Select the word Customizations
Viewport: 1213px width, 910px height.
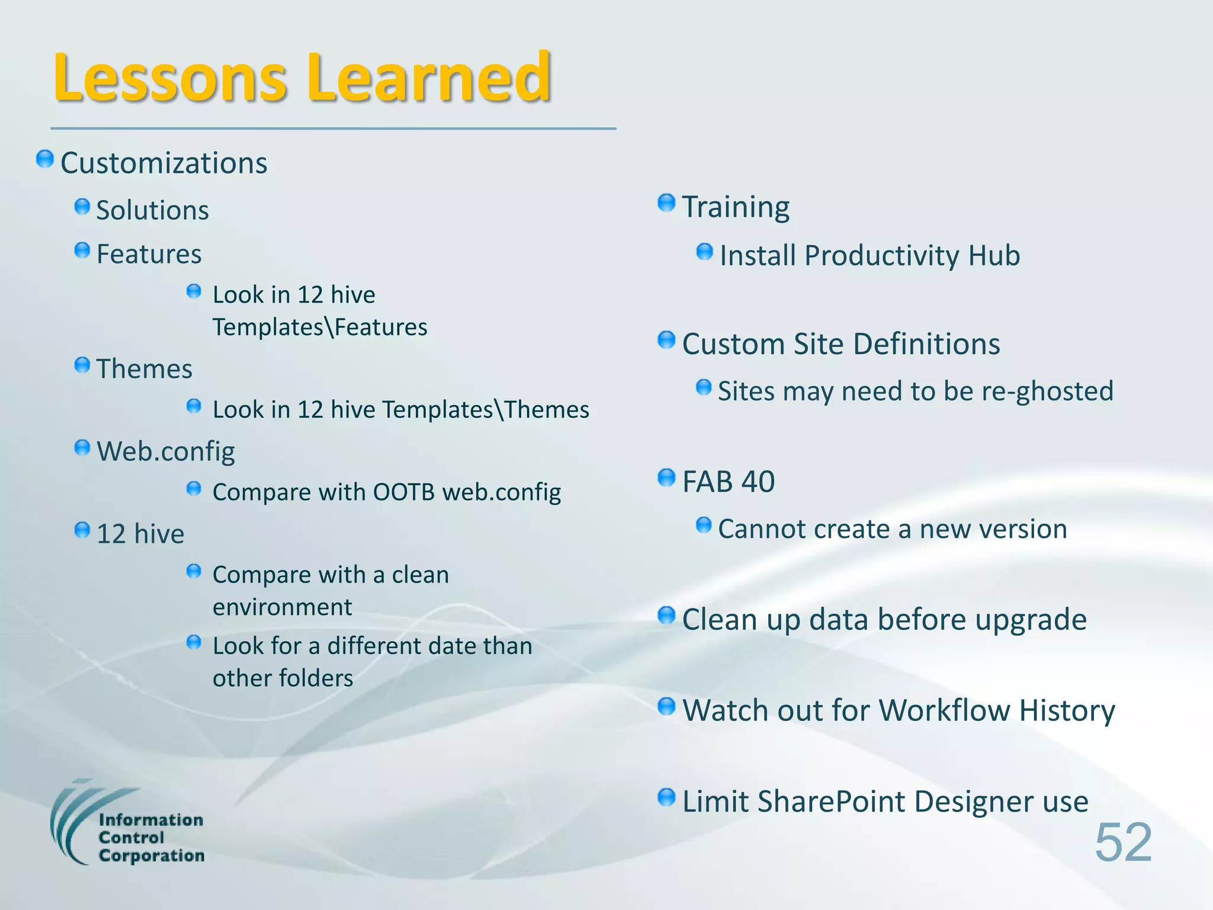(164, 163)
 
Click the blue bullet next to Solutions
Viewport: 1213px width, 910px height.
(82, 207)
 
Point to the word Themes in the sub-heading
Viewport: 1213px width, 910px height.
(145, 369)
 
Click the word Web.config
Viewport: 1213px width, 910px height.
(166, 451)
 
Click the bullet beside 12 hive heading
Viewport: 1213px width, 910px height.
(82, 530)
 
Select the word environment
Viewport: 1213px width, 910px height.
(283, 607)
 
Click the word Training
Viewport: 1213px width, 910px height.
(736, 207)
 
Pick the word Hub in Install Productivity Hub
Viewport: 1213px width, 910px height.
(994, 256)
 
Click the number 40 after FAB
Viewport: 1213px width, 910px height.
(758, 482)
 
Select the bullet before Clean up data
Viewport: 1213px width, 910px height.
(666, 616)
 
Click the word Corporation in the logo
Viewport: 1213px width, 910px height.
(152, 856)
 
